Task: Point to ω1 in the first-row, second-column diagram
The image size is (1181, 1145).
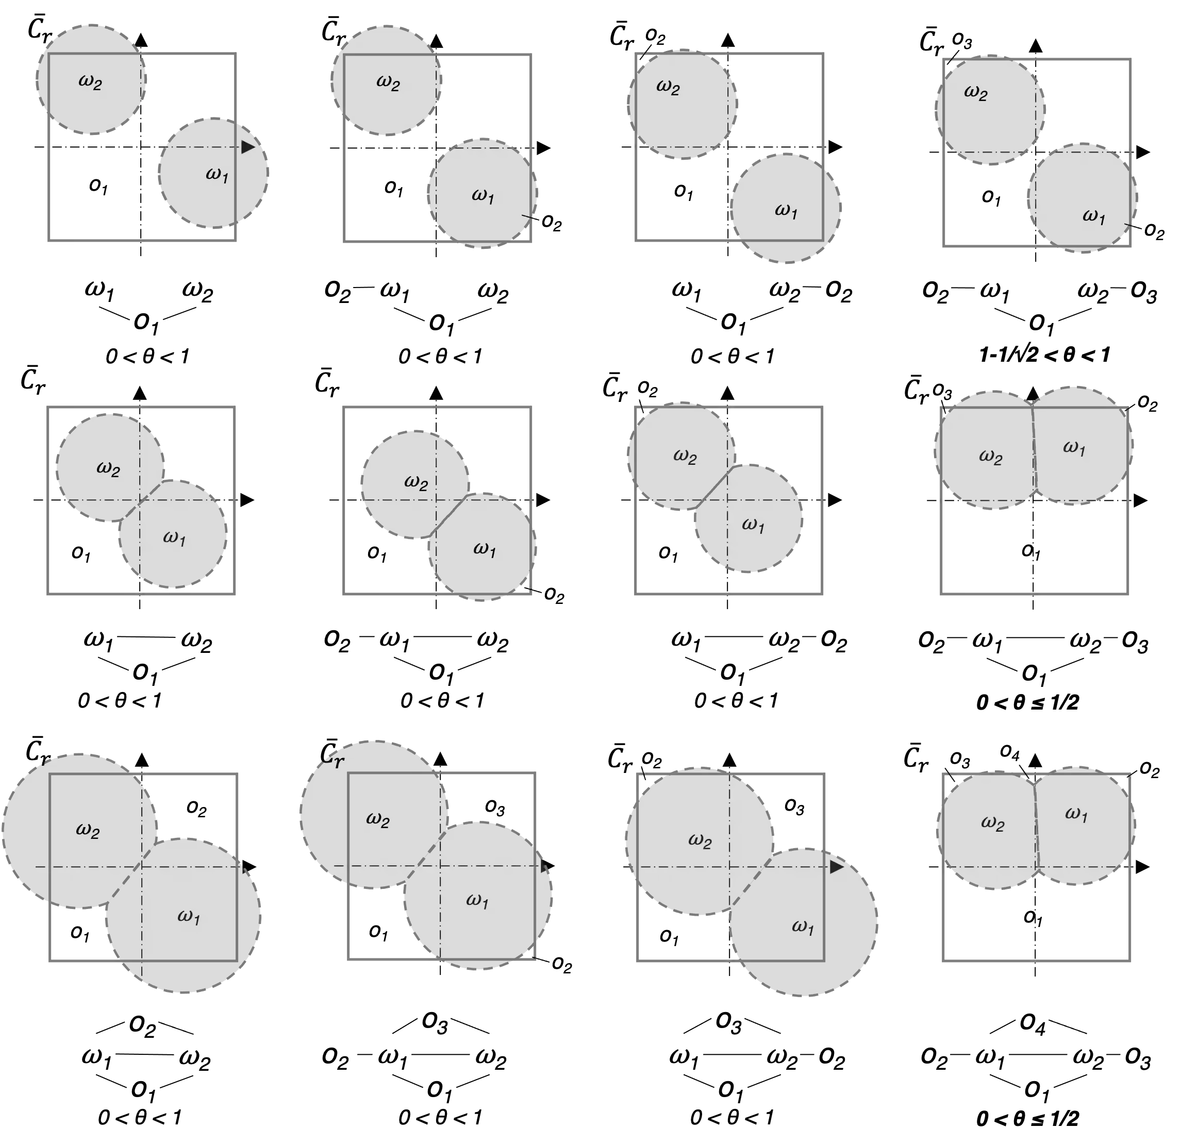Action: (483, 196)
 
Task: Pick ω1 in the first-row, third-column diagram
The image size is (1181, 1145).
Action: (786, 211)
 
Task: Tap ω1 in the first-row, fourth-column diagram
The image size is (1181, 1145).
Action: (1094, 216)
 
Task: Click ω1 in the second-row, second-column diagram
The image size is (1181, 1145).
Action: (485, 549)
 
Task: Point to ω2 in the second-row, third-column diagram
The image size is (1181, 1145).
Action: (685, 457)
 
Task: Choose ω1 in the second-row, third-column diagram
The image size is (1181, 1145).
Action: (753, 525)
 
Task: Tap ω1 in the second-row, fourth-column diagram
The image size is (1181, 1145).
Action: (1074, 448)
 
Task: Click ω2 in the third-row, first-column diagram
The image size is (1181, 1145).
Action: (88, 831)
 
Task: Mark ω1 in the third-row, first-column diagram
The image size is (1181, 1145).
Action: (189, 916)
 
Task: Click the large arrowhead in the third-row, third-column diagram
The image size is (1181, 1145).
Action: (836, 867)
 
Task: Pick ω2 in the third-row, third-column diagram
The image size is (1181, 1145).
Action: (700, 841)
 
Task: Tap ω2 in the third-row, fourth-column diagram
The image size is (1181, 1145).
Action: (993, 823)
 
